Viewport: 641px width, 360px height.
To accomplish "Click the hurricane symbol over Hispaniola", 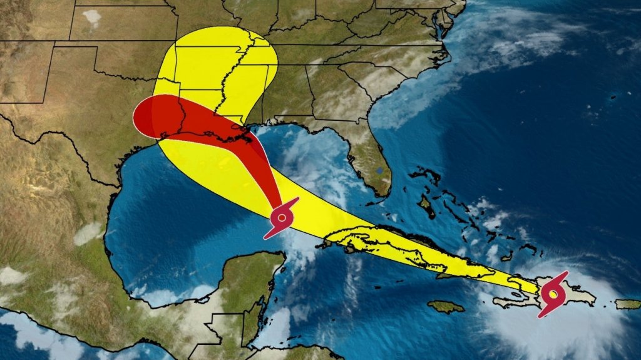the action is (x=553, y=293).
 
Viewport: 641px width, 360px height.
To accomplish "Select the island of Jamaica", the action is (x=446, y=306).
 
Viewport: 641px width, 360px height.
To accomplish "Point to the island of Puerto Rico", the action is (x=628, y=304).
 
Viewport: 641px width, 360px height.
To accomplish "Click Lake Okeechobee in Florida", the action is (x=379, y=169).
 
